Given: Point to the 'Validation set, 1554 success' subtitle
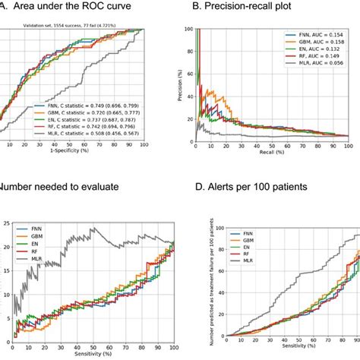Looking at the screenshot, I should [61, 24].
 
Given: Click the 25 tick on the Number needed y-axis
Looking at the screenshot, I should [5, 224].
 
